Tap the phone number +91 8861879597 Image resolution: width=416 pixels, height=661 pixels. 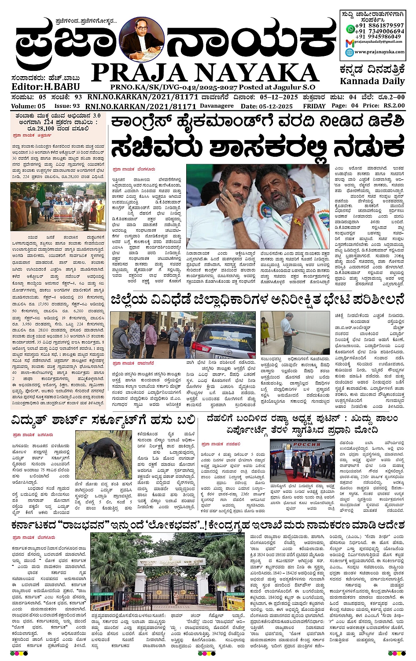coord(379,26)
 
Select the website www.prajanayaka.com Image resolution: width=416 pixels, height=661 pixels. coord(379,52)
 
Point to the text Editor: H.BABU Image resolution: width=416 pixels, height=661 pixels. coord(40,86)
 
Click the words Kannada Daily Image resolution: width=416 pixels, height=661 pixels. coord(372,81)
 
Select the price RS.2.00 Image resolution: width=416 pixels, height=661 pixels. coord(393,106)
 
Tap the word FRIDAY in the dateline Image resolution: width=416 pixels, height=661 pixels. coord(314,106)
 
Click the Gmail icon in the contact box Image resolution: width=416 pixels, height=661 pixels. coord(350,43)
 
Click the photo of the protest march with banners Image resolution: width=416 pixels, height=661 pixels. coord(58,207)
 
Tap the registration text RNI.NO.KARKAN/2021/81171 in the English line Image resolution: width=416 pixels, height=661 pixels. coord(140,107)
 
